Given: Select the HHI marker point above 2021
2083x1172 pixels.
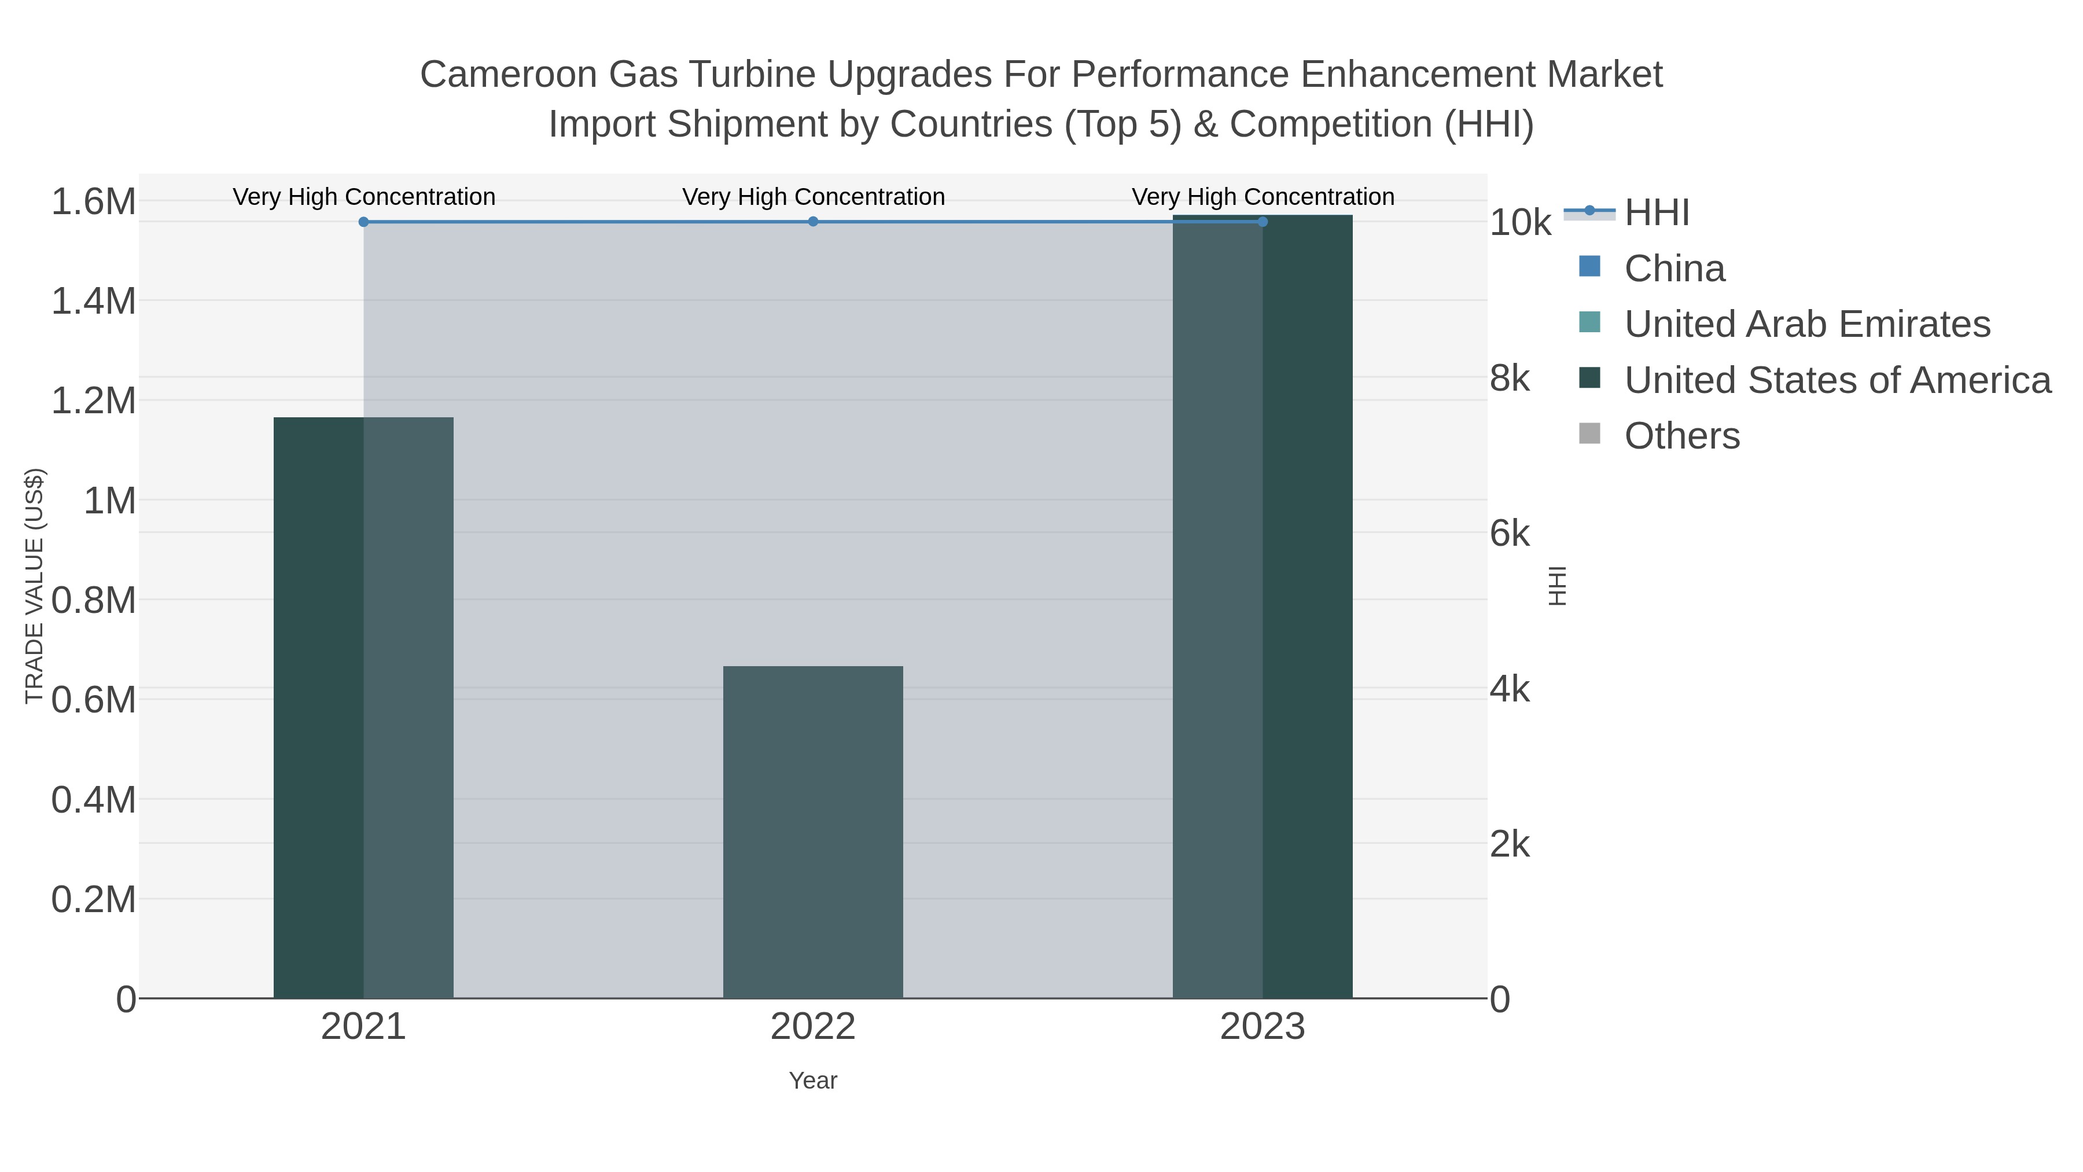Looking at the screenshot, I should pyautogui.click(x=364, y=222).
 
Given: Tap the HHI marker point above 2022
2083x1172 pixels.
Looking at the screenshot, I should pyautogui.click(x=813, y=222).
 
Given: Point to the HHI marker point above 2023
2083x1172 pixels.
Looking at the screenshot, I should pyautogui.click(x=1263, y=222).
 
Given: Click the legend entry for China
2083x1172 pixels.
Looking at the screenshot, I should pyautogui.click(x=1674, y=269).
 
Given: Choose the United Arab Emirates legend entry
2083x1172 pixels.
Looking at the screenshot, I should pyautogui.click(x=1806, y=324).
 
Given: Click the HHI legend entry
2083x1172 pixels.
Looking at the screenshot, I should pyautogui.click(x=1656, y=213).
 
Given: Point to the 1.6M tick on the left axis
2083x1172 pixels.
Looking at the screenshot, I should pyautogui.click(x=94, y=201).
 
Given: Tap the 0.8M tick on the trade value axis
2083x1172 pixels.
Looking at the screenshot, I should pyautogui.click(x=94, y=600).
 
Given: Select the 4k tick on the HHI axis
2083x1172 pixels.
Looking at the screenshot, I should pyautogui.click(x=1510, y=690).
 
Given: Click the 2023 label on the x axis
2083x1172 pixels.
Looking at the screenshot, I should pyautogui.click(x=1263, y=1027).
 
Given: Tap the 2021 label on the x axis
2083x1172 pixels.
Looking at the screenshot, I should pyautogui.click(x=364, y=1027).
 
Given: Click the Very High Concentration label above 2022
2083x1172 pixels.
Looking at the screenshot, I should pyautogui.click(x=813, y=197).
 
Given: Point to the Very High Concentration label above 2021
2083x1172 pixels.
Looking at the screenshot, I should pyautogui.click(x=364, y=197).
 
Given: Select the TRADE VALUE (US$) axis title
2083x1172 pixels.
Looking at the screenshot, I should pyautogui.click(x=35, y=586).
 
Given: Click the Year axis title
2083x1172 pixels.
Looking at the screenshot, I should pyautogui.click(x=813, y=1081).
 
